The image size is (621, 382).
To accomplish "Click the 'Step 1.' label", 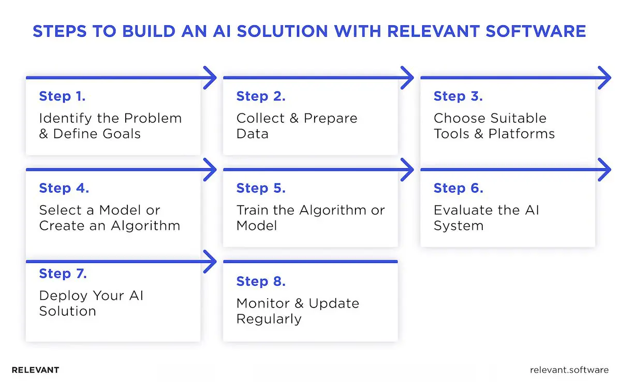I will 62,96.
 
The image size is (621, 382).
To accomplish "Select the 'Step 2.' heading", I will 261,96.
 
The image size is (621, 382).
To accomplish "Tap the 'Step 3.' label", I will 458,96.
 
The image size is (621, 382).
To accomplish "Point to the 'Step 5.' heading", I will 261,188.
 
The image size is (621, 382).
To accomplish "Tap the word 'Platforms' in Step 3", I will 522,134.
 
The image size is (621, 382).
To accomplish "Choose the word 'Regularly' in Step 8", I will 269,319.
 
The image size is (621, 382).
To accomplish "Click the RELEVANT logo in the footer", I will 35,370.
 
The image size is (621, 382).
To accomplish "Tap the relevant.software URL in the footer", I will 569,370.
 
